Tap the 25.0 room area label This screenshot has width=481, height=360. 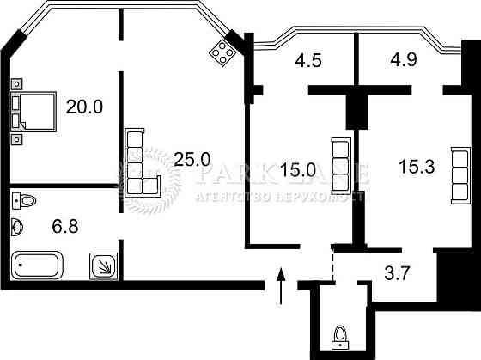click(x=192, y=159)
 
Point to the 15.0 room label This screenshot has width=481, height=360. click(x=298, y=169)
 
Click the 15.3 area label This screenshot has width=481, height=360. click(x=417, y=166)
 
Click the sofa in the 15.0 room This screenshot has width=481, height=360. click(x=342, y=164)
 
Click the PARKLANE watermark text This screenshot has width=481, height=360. click(x=283, y=173)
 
